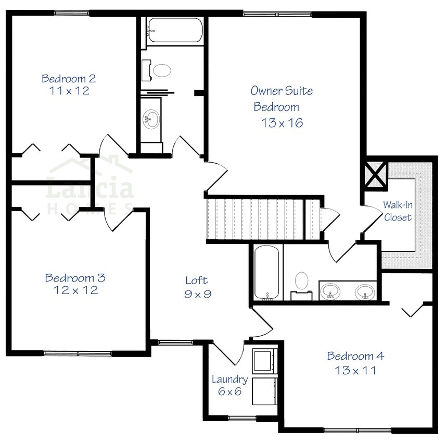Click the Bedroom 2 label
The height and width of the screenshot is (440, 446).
[x=69, y=79]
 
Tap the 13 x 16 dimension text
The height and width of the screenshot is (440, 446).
[x=283, y=124]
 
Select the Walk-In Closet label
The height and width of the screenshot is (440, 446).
[x=398, y=211]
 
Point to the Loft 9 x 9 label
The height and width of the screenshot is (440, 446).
[x=198, y=287]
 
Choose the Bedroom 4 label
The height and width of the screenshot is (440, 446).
[x=355, y=357]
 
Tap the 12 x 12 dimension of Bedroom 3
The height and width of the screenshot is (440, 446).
[x=75, y=290]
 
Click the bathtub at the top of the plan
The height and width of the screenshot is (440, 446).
[x=174, y=30]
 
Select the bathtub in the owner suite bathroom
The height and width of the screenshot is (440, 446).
[x=267, y=274]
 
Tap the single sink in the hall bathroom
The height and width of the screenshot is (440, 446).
[x=152, y=119]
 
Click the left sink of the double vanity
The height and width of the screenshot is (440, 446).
[x=330, y=291]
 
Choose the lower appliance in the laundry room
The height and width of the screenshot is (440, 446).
[x=263, y=390]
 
